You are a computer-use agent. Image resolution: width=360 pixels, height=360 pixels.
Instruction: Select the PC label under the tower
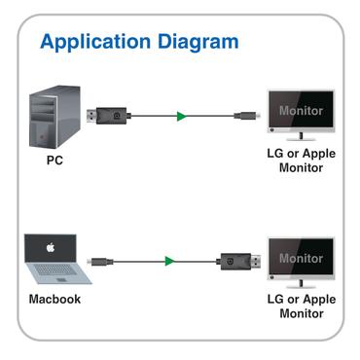[x=56, y=161]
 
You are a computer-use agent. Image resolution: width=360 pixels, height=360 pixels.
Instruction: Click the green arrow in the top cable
[x=181, y=117]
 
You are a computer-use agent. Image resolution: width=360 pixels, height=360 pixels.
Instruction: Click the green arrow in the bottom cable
[x=169, y=261]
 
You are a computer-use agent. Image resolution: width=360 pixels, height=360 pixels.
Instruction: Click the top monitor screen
[x=301, y=110]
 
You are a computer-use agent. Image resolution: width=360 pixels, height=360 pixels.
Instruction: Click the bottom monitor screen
[x=301, y=258]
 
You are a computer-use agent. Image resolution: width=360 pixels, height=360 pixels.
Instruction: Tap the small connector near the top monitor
[x=243, y=117]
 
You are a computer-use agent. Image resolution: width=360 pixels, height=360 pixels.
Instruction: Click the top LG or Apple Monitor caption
[x=302, y=161]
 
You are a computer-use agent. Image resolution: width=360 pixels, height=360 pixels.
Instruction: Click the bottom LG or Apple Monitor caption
[x=302, y=307]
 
